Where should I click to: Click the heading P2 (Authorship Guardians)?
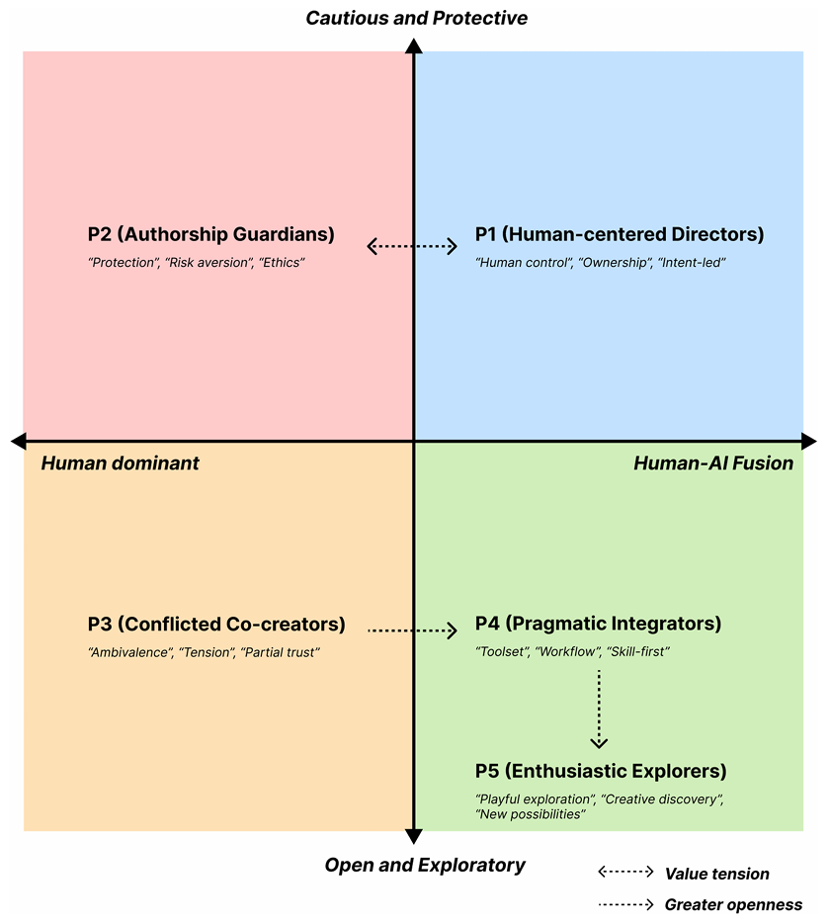(x=210, y=235)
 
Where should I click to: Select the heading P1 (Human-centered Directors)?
(x=620, y=235)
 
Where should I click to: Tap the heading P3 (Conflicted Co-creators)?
(x=216, y=625)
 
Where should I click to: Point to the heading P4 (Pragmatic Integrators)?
(x=598, y=625)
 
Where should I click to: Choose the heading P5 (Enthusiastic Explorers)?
(x=601, y=771)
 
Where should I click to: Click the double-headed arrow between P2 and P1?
(x=413, y=246)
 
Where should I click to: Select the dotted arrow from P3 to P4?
(x=413, y=630)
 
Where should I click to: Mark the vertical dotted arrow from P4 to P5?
(x=599, y=709)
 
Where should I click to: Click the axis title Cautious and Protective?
(x=416, y=18)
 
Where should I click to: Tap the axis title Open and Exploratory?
(x=425, y=866)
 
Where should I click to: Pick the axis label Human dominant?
(x=120, y=463)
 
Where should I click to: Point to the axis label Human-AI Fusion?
(x=713, y=463)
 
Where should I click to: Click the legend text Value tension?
(x=716, y=874)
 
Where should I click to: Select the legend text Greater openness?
(x=733, y=904)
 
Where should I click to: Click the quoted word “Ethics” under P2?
(x=283, y=264)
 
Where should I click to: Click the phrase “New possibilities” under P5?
(x=531, y=814)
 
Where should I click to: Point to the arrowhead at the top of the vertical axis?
(x=414, y=45)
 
